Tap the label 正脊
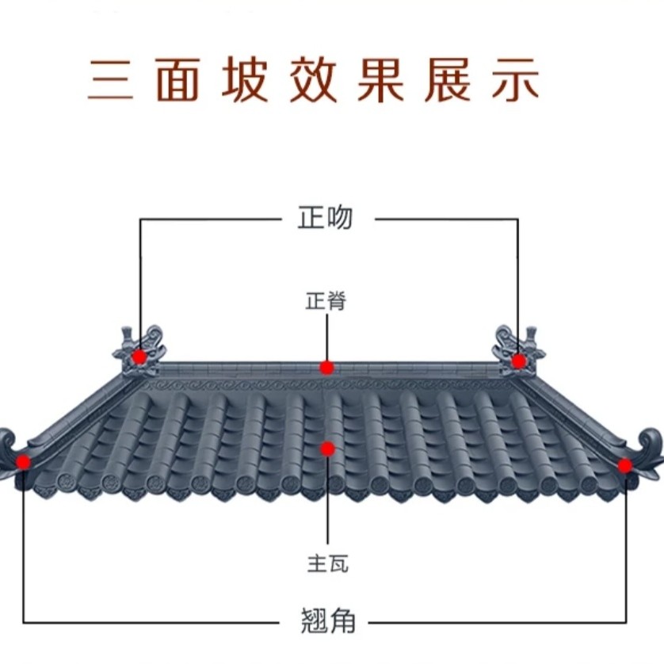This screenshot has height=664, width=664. pyautogui.click(x=326, y=302)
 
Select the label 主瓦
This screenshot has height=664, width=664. pyautogui.click(x=327, y=564)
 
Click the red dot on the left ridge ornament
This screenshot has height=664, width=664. pyautogui.click(x=139, y=357)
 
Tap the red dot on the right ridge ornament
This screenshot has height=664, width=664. pyautogui.click(x=518, y=361)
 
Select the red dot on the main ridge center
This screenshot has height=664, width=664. pyautogui.click(x=326, y=367)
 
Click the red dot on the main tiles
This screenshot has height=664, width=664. pyautogui.click(x=327, y=448)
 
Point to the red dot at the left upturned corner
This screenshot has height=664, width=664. pyautogui.click(x=24, y=461)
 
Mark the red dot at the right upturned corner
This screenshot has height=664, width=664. pyautogui.click(x=625, y=465)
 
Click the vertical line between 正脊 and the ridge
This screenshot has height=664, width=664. pyautogui.click(x=326, y=337)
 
